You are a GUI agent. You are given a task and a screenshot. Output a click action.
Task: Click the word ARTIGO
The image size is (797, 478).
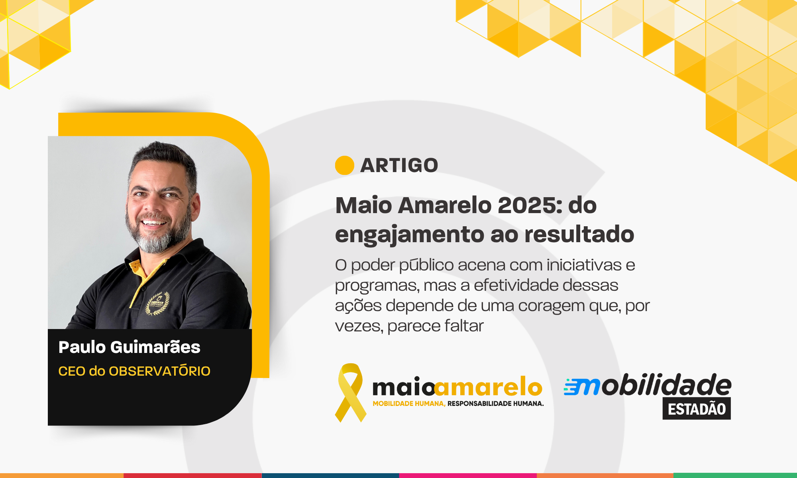(x=399, y=165)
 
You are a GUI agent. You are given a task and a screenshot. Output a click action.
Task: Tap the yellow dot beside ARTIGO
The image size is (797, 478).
(x=345, y=165)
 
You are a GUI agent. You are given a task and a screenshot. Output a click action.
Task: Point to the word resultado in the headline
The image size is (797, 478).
(x=579, y=234)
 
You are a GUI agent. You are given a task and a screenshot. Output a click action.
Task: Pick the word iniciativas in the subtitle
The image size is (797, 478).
(x=584, y=265)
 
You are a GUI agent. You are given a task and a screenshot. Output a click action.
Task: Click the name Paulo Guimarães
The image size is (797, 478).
(x=130, y=347)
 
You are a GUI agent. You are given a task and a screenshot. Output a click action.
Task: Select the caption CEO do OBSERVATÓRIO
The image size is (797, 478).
(x=134, y=371)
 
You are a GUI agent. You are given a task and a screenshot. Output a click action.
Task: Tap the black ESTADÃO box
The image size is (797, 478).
(x=697, y=409)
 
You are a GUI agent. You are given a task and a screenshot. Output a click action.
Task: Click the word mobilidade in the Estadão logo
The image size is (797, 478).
(x=648, y=385)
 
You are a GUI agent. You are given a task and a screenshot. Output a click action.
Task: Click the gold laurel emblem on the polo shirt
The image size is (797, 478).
(x=158, y=304)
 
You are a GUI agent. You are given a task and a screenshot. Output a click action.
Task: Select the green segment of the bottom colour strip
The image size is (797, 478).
(x=735, y=476)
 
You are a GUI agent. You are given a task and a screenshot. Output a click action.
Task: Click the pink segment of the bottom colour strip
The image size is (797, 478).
(x=468, y=476)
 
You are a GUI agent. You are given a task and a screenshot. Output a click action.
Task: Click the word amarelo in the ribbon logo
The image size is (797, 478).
(x=489, y=387)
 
